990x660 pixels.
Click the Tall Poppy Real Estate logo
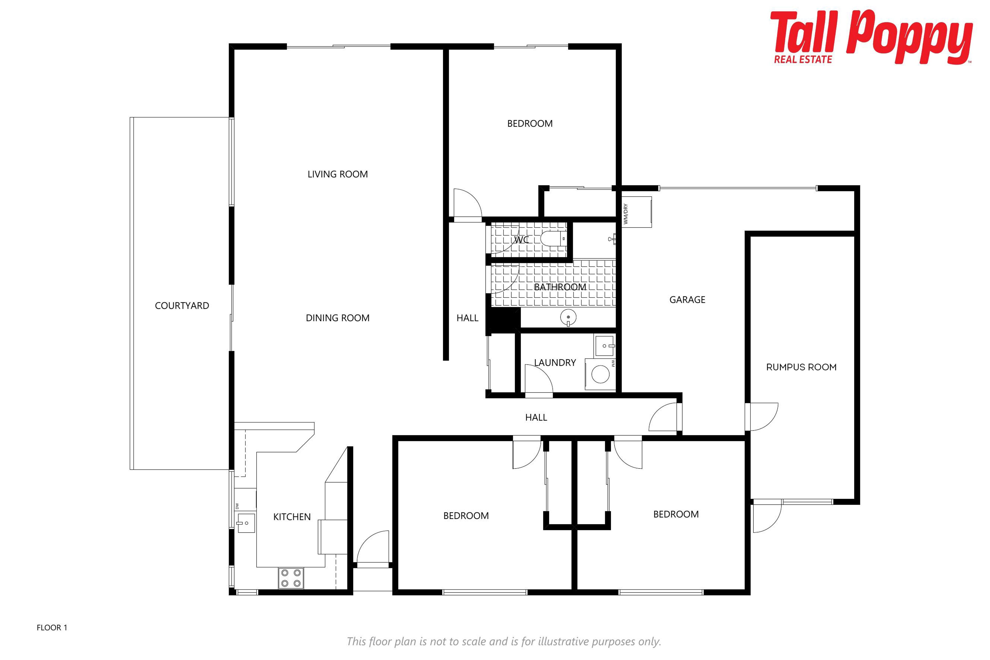pos(872,37)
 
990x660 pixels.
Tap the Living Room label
pos(337,174)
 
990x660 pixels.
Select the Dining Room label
pos(337,318)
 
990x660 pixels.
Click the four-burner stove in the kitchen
pos(291,578)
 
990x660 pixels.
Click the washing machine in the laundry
pos(600,374)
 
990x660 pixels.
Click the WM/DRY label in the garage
pos(625,214)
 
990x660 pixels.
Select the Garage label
pos(687,300)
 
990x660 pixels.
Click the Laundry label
pos(555,362)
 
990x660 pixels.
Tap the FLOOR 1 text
pos(52,628)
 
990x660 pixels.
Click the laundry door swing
pos(539,380)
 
